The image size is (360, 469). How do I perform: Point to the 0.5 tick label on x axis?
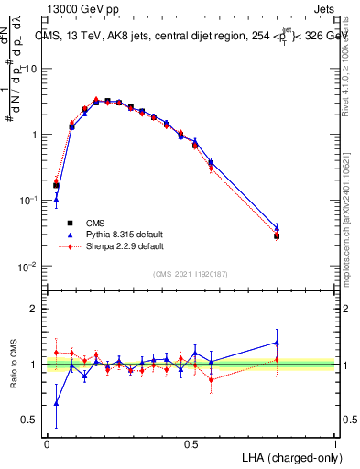coord(191,442)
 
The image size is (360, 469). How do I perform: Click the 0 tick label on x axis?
coord(47,442)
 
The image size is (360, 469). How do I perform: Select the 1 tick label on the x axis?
coord(335,442)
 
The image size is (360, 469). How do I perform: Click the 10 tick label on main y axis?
coord(30,69)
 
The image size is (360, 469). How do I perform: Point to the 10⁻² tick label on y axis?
coord(28,267)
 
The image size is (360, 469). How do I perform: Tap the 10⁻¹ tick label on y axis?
coord(28,201)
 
